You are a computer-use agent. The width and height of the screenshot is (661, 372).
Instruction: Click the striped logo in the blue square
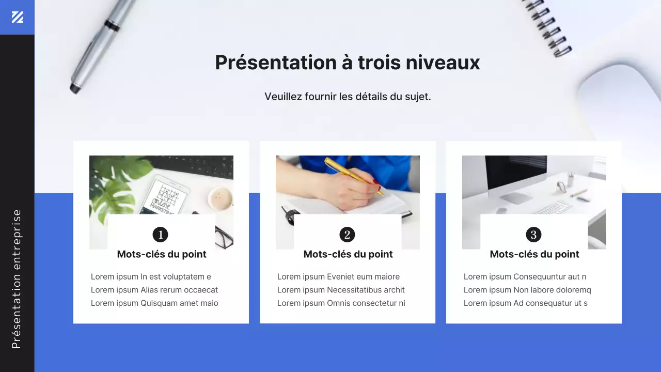[18, 17]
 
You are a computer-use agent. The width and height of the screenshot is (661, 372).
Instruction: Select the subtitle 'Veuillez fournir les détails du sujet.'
[348, 97]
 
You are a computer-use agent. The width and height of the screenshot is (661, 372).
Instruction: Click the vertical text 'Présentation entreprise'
[17, 279]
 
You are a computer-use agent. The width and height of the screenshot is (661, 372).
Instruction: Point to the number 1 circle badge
[161, 235]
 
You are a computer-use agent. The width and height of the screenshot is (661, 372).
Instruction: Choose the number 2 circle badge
[347, 235]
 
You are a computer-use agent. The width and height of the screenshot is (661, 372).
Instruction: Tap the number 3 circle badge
[533, 235]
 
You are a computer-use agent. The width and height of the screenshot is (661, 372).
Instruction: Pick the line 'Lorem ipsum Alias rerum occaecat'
[154, 290]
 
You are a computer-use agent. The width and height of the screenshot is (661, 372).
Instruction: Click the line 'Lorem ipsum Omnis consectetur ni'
[341, 303]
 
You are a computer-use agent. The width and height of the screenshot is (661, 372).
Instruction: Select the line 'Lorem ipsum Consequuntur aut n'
[525, 277]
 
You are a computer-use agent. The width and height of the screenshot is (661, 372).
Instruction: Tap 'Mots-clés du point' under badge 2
[348, 254]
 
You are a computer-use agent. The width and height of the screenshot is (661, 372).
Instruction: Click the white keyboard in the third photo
[553, 208]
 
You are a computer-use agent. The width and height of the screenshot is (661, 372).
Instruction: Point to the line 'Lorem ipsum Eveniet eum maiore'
[338, 277]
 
